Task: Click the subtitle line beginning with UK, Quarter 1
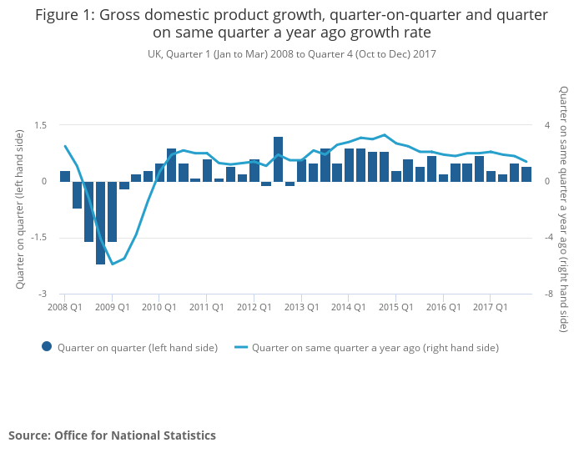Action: tap(291, 53)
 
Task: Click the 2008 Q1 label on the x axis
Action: tap(64, 307)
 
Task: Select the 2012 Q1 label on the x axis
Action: tap(254, 307)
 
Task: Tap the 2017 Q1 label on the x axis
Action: tap(491, 307)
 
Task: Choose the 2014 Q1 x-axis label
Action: tap(349, 307)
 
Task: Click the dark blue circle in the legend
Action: tap(47, 347)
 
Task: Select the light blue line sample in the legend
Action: tap(240, 347)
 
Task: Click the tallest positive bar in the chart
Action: tap(278, 159)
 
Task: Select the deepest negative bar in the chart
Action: tap(100, 223)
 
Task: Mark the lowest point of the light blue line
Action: tap(112, 264)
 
